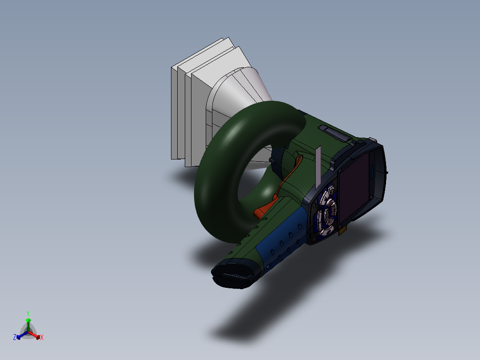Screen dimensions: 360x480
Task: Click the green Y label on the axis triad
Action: [x=28, y=313]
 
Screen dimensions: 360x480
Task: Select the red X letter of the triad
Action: [x=42, y=338]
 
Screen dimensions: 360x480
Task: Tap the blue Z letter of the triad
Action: [x=15, y=338]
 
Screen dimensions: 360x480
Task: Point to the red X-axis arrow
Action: [x=36, y=335]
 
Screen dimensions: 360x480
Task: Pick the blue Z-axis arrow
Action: [x=20, y=335]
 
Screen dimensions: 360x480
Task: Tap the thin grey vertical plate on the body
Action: [x=318, y=167]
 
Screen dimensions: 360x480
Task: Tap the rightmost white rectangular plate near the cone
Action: [x=200, y=102]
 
